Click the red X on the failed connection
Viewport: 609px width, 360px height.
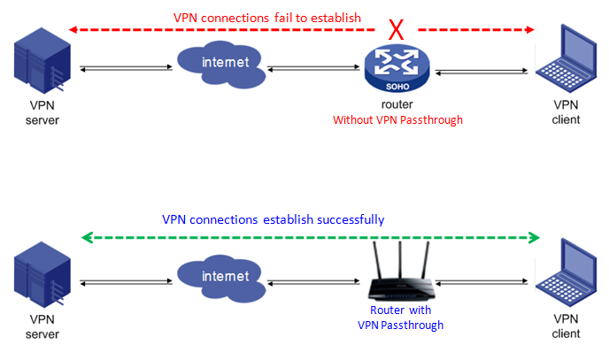click(397, 28)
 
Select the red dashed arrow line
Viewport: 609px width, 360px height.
click(221, 29)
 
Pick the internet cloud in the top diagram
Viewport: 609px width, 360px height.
click(220, 62)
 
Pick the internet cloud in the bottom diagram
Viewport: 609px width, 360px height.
click(220, 275)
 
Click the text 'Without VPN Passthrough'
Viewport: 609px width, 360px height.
click(397, 119)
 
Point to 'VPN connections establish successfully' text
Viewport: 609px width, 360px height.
click(273, 219)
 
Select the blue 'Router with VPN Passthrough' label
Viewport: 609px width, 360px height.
click(400, 318)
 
